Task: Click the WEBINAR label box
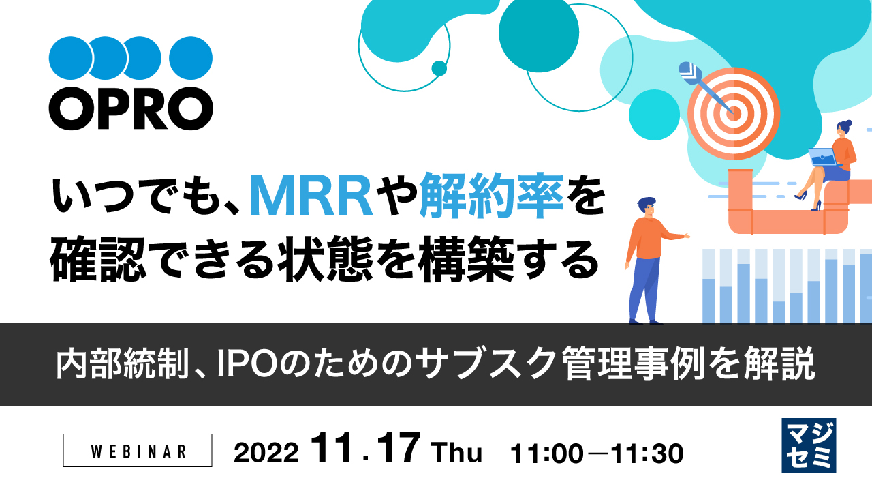[x=138, y=451]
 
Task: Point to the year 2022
[x=266, y=452]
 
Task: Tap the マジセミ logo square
[x=809, y=445]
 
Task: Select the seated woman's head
[x=845, y=128]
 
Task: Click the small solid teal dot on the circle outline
[x=439, y=68]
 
